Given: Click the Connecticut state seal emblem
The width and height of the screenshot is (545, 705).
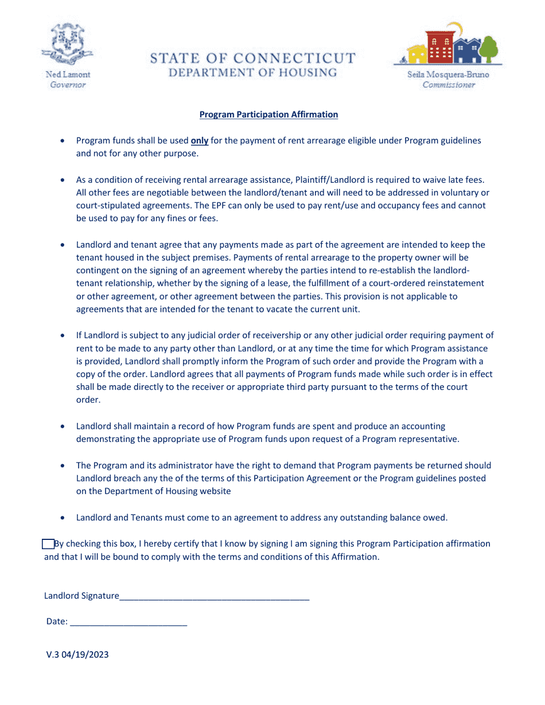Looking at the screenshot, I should coord(68,45).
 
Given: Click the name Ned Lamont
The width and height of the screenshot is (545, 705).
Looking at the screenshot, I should coord(68,75).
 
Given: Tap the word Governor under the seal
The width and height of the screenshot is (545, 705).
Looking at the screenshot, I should coord(68,85).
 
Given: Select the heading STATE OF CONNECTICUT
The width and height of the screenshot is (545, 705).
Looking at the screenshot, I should coord(252,58).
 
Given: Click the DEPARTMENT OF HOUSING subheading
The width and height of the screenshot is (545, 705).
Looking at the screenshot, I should coord(252,73).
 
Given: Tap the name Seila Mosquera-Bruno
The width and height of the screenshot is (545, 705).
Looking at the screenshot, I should coord(449,75).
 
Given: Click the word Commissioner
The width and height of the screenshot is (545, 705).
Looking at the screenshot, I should coord(449,85).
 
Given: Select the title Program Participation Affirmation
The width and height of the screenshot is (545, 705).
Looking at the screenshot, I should coord(268,115).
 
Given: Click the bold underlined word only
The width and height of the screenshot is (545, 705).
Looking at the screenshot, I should coord(199,140).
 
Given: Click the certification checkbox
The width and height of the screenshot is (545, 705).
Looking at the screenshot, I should coord(48,544).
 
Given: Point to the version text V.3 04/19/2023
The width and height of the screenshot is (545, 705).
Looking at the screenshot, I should coord(77,655).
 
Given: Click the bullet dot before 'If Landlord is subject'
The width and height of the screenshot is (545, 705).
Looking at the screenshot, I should coord(63,336).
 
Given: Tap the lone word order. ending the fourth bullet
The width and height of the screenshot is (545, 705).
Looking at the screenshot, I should coord(88,400).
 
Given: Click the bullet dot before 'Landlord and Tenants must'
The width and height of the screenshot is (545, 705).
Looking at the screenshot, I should coord(63,518).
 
